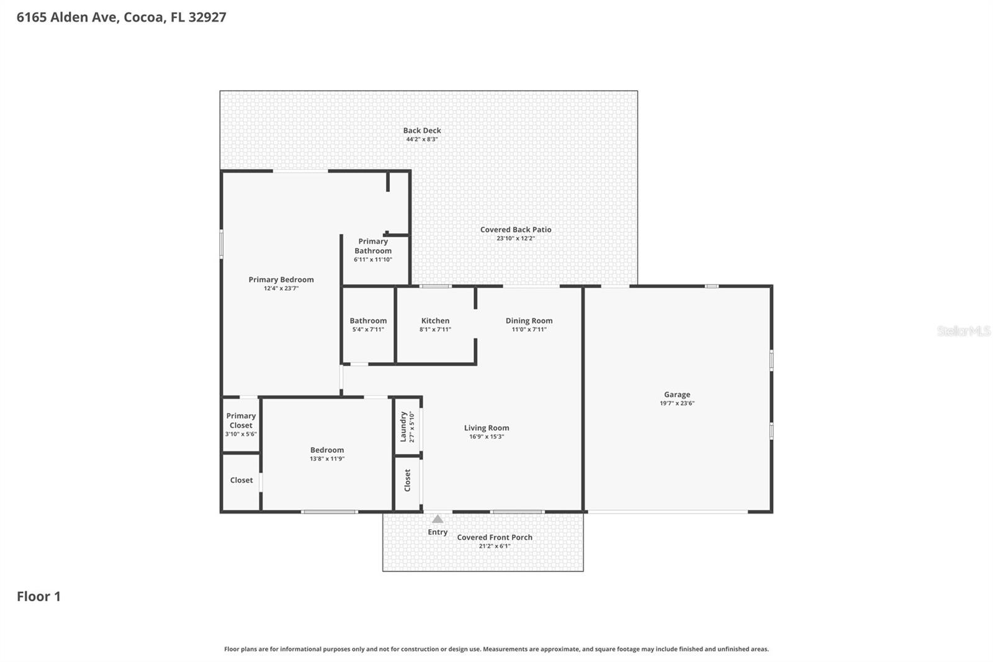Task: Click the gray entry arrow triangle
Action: coord(438,519)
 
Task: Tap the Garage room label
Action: coord(677,394)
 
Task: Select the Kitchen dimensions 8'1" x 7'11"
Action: coord(435,330)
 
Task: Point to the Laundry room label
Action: coord(403,426)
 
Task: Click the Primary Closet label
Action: coord(241,420)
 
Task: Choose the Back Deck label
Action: coord(422,130)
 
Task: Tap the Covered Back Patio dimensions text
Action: coord(515,238)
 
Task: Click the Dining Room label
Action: coord(529,321)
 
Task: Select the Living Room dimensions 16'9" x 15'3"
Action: coord(487,437)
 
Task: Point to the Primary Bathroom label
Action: coord(373,246)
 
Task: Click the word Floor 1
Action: coord(38,596)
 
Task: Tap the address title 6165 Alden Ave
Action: coord(121,17)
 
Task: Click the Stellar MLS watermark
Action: coord(963,331)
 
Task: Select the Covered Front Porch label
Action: coord(495,537)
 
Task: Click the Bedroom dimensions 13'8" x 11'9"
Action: coord(327,459)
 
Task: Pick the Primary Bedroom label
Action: coord(281,279)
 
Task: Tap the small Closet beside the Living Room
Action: coord(408,480)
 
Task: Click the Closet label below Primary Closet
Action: coord(241,480)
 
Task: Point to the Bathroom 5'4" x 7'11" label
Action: coord(368,321)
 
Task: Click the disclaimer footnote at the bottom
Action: coord(496,649)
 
